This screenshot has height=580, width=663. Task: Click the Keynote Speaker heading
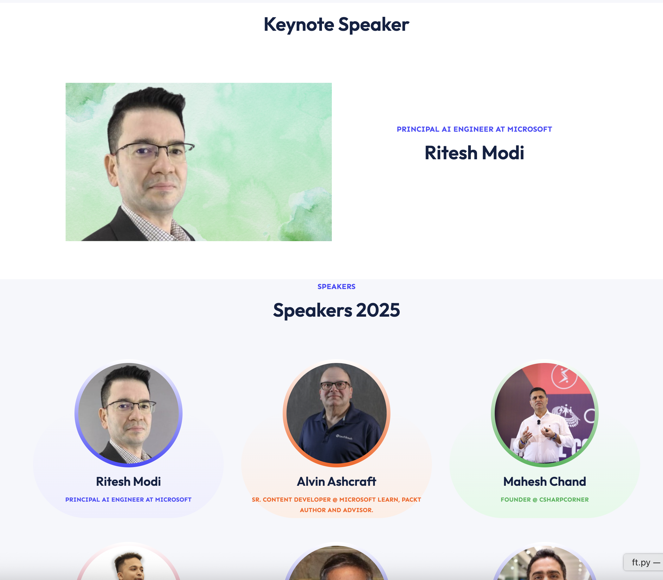pos(336,25)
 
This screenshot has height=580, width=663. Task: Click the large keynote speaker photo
pos(198,162)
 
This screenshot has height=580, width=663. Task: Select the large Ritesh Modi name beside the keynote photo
pos(474,153)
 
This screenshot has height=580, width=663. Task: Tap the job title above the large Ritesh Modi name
pos(474,129)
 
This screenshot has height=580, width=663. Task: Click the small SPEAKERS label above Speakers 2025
pos(336,287)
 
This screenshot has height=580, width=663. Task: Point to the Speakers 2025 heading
pos(336,310)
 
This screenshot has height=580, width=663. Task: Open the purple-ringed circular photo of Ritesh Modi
pos(128,413)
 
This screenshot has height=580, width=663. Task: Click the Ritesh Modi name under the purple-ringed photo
pos(128,482)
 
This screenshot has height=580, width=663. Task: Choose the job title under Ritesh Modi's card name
pos(128,500)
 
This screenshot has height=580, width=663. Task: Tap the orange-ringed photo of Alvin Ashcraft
pos(337,413)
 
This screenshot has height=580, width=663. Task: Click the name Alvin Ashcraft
pos(337,482)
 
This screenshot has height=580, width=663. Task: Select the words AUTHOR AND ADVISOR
pos(337,510)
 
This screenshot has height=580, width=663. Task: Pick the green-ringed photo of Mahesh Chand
pos(545,413)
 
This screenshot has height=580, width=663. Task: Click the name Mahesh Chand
pos(545,482)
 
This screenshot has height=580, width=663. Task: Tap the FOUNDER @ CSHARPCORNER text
pos(545,500)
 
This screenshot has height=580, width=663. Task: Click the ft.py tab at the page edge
pos(643,562)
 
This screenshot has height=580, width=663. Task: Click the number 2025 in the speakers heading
pos(378,310)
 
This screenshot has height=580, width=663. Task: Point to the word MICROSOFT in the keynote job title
pos(530,129)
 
